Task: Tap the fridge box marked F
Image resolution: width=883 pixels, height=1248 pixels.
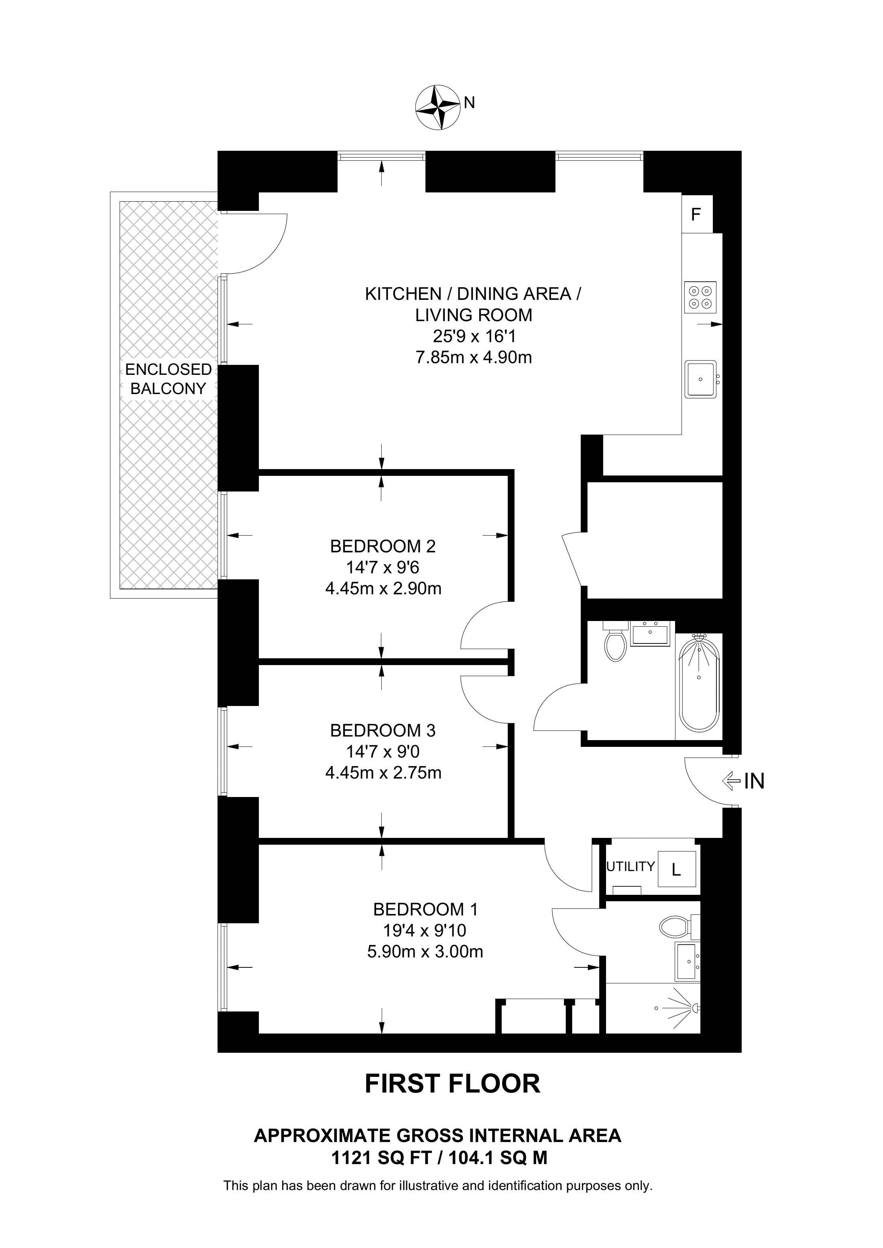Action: tap(697, 214)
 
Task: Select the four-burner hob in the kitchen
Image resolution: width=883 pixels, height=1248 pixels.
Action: tap(700, 297)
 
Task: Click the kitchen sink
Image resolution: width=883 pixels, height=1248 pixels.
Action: tap(701, 379)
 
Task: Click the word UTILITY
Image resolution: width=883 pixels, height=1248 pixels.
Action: tap(631, 866)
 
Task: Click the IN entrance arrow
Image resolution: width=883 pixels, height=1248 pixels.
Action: tap(731, 782)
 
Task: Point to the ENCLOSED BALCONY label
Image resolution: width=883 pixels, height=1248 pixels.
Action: tap(168, 379)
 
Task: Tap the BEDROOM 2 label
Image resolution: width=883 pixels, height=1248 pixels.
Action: tap(383, 546)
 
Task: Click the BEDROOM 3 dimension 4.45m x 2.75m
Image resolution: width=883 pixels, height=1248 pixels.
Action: tap(383, 773)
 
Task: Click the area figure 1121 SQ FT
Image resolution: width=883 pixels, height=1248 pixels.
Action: tap(381, 1158)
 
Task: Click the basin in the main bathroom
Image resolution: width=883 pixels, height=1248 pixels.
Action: tap(650, 634)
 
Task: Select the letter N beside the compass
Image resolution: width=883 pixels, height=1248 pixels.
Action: tap(470, 102)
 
